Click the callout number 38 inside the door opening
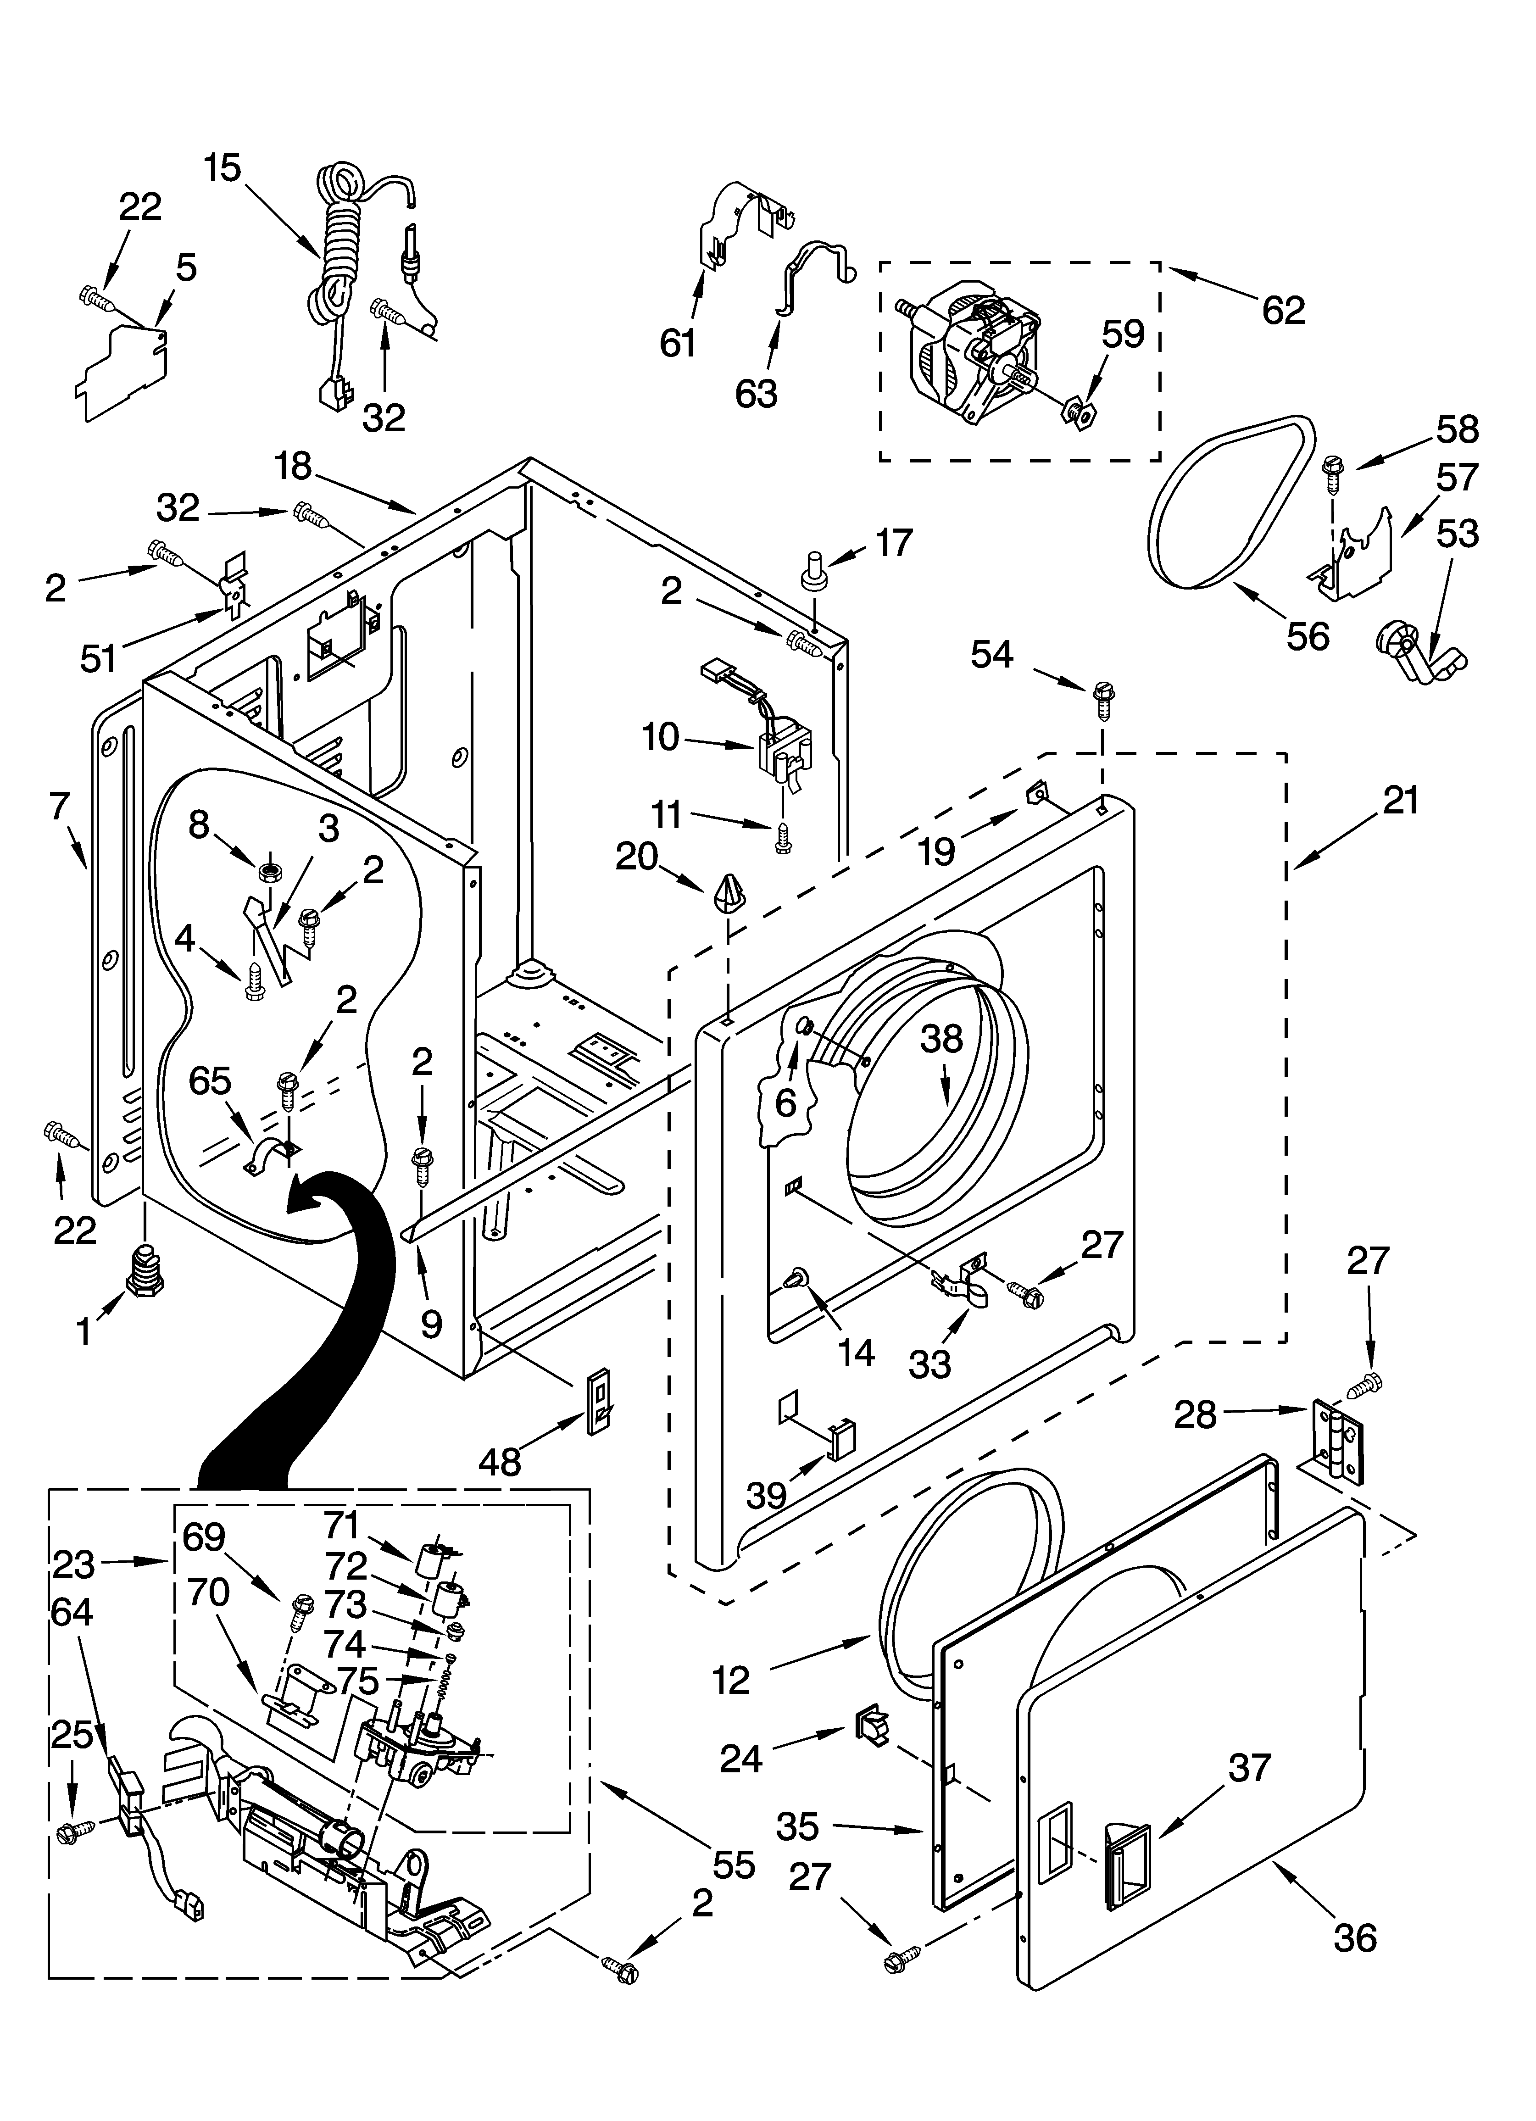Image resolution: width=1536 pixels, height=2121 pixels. [x=940, y=1038]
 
